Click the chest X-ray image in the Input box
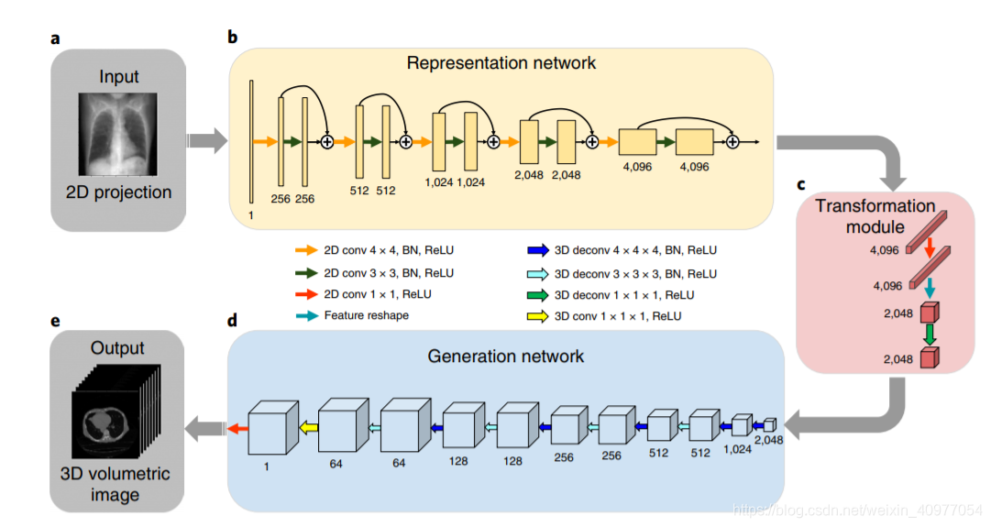click(x=118, y=133)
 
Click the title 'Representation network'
click(x=501, y=63)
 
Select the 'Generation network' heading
click(x=505, y=356)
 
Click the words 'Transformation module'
click(x=875, y=216)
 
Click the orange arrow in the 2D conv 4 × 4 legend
click(x=306, y=249)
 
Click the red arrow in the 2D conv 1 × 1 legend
click(x=306, y=294)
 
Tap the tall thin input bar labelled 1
click(x=250, y=141)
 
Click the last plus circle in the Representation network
click(x=732, y=142)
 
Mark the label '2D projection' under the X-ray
click(x=118, y=192)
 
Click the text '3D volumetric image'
click(x=116, y=485)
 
